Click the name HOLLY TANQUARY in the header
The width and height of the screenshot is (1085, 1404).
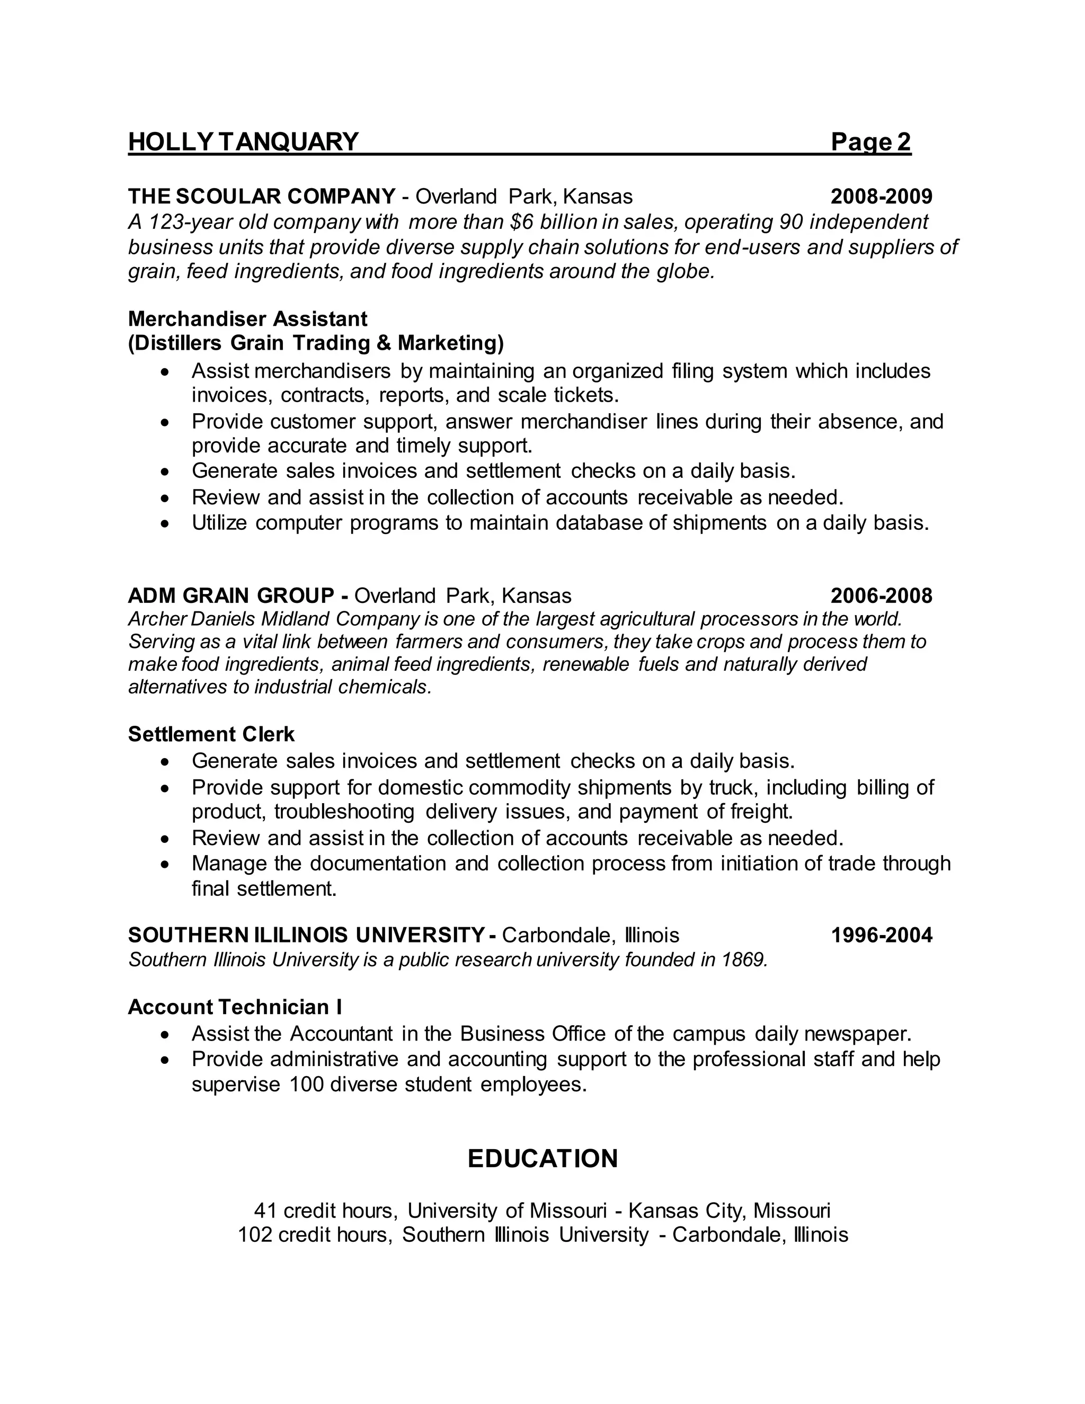tap(243, 141)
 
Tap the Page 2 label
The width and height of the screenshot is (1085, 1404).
tap(871, 141)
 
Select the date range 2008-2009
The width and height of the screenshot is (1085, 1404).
tap(881, 196)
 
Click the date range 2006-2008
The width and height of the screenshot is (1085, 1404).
tap(881, 596)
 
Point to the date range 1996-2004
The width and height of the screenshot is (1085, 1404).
tap(881, 935)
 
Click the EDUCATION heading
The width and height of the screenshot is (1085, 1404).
tap(542, 1158)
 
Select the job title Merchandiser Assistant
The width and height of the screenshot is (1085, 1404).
tap(247, 318)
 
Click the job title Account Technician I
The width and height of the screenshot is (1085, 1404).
tap(235, 1006)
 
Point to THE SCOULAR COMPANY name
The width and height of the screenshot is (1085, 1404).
tap(262, 196)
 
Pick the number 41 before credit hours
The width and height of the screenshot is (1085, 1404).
tap(265, 1211)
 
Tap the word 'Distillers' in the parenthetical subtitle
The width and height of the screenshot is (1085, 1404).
tap(175, 343)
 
